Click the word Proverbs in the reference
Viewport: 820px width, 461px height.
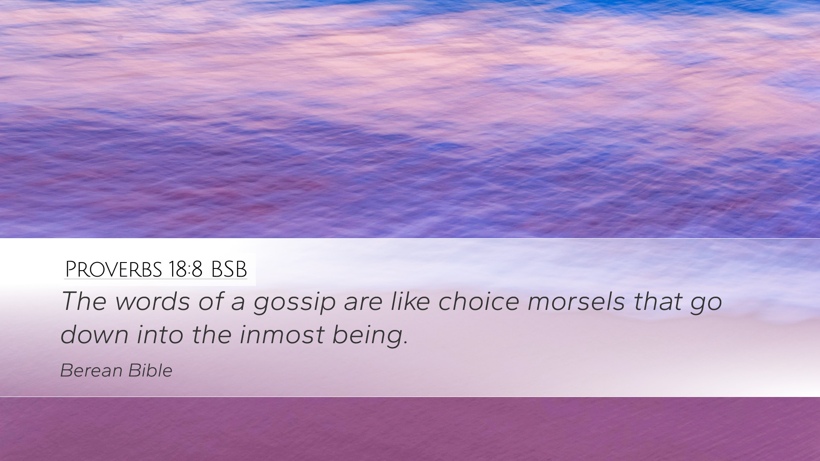[113, 269]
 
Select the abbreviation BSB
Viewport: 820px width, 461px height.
[229, 269]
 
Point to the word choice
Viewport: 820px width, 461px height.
[479, 301]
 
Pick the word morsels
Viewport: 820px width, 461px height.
[577, 301]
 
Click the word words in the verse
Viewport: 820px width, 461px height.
[152, 301]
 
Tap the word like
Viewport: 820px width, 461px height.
[410, 301]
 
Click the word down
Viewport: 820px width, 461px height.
[94, 334]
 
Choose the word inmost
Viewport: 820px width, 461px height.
[282, 334]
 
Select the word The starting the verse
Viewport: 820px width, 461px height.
[84, 301]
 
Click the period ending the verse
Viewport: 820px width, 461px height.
[405, 342]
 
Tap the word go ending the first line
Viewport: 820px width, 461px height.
[706, 305]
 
